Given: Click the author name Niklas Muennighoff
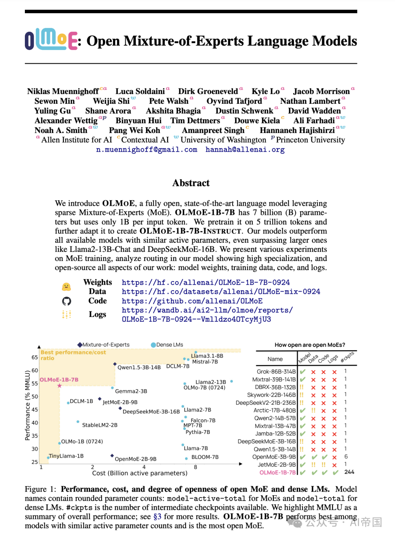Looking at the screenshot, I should coord(63,91).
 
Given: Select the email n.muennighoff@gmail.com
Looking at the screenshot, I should coord(147,149).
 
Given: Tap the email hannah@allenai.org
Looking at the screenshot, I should coord(245,149).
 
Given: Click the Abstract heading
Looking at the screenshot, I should coord(191,183).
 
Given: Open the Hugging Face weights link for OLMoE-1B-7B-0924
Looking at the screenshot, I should coord(206,283).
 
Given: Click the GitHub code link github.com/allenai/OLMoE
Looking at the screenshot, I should coord(192,301).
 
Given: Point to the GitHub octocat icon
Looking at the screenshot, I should coord(67,301).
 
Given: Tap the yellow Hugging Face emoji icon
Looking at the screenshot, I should coord(66,287).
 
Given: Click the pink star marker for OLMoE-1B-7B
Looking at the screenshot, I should coord(60,386).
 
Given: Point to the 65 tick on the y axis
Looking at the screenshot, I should coord(35,357).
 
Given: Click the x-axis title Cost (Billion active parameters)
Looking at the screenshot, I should coord(140,473).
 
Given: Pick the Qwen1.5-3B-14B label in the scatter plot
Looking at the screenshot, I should coord(139,368).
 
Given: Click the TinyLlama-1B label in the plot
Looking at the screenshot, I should coord(66,456).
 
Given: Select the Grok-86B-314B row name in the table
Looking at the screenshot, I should coord(276,372).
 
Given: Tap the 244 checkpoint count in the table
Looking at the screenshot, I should coord(349,472).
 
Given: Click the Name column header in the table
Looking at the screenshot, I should coord(275,359).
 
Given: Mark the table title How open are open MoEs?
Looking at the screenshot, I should coord(310,345).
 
